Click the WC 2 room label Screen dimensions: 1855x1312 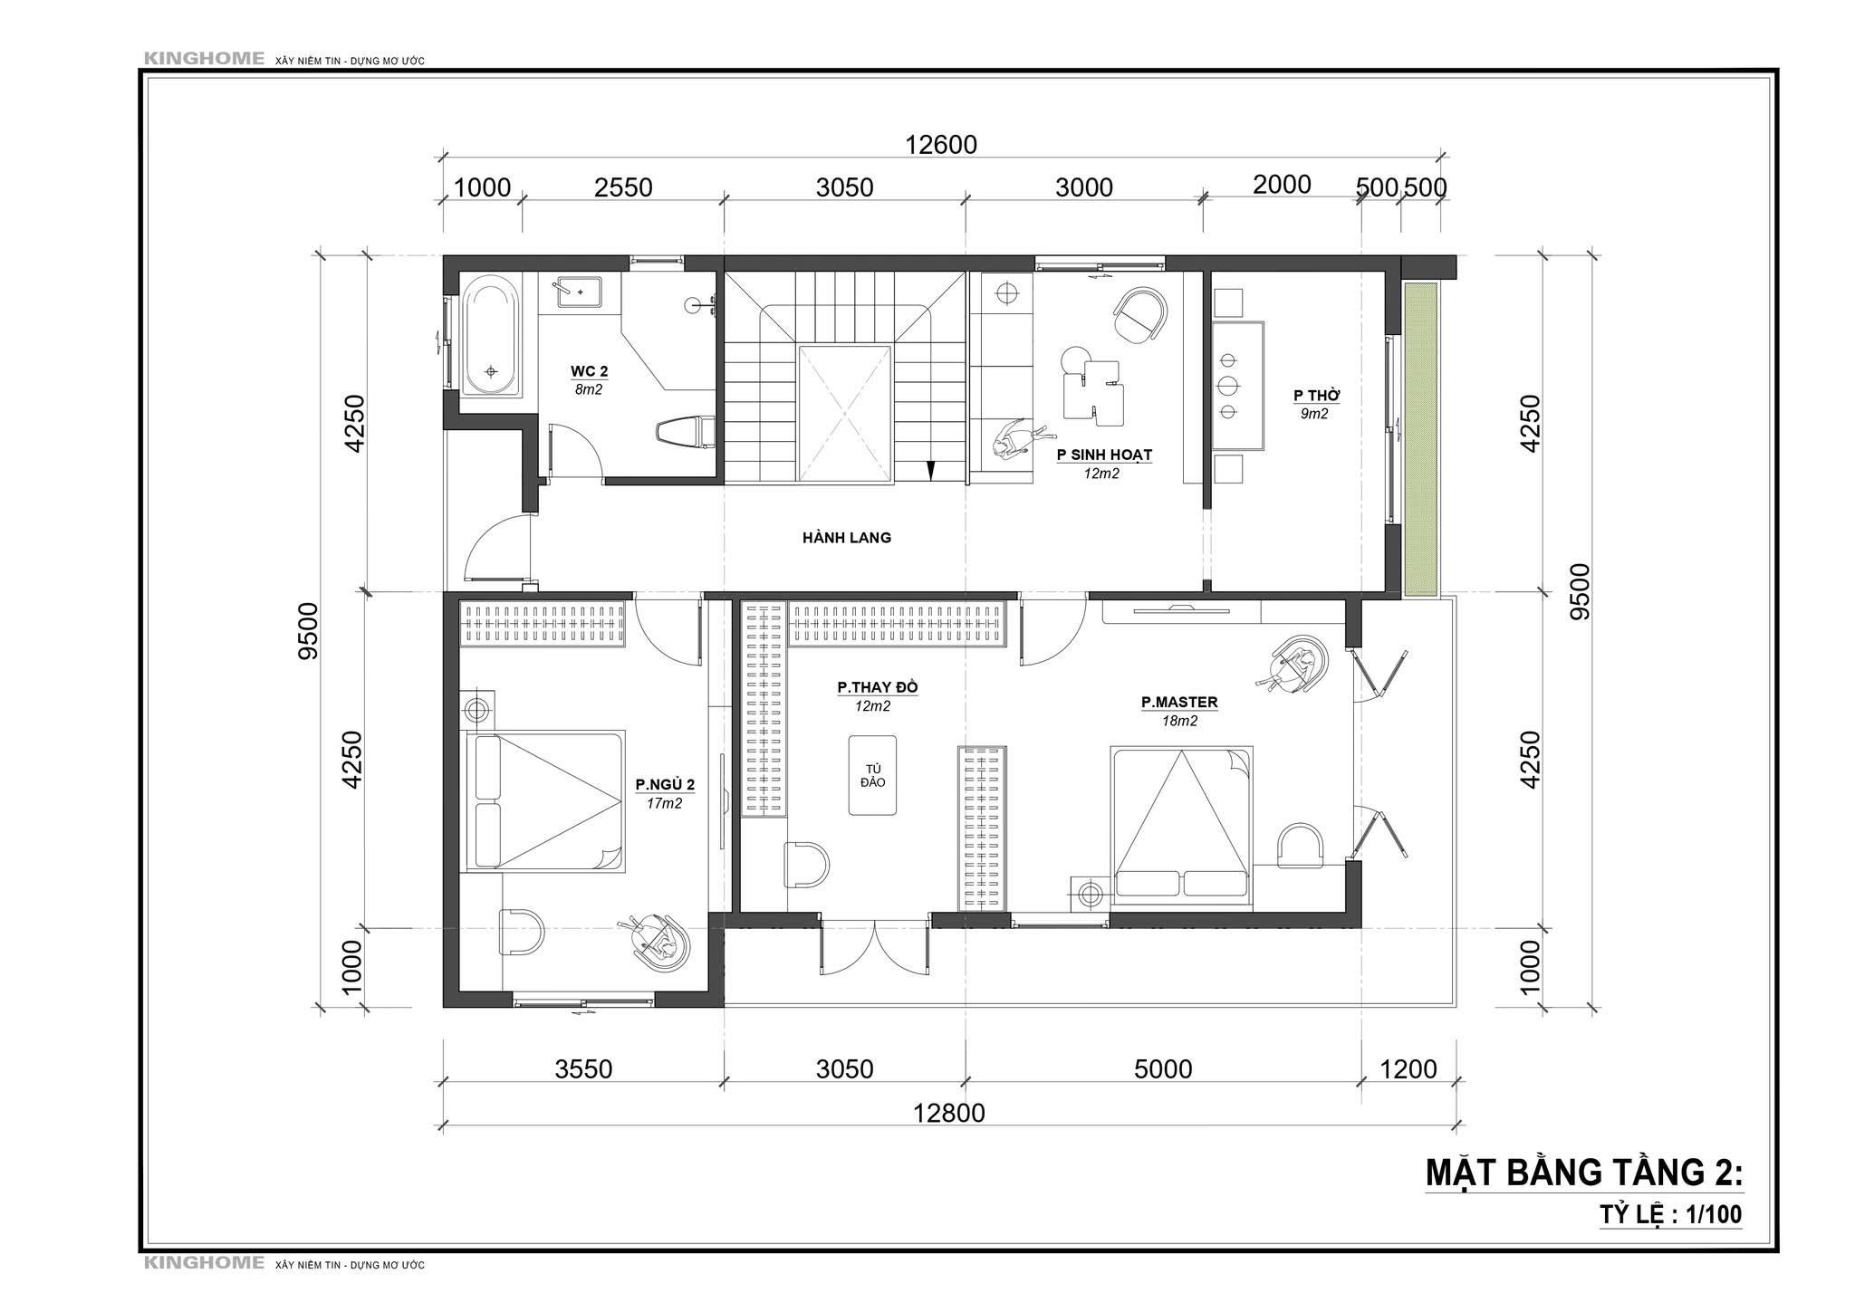pyautogui.click(x=589, y=371)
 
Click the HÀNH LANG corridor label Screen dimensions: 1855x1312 pyautogui.click(x=847, y=538)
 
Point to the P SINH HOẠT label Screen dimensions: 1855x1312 pyautogui.click(x=1104, y=455)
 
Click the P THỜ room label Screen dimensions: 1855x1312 pyautogui.click(x=1316, y=396)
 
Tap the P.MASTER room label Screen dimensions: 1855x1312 pyautogui.click(x=1179, y=702)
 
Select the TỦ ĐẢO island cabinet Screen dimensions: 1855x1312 pyautogui.click(x=872, y=775)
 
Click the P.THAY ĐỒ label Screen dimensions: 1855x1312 pyautogui.click(x=877, y=687)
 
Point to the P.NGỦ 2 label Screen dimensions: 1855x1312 pyautogui.click(x=665, y=784)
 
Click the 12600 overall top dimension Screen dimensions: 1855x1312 pyautogui.click(x=941, y=145)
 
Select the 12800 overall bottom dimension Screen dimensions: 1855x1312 pyautogui.click(x=948, y=1113)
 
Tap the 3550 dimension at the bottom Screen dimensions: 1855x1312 pyautogui.click(x=583, y=1069)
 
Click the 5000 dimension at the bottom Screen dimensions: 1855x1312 pyautogui.click(x=1163, y=1069)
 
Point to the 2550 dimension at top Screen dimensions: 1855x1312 pyautogui.click(x=623, y=187)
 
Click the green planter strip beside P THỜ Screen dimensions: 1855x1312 pyautogui.click(x=1421, y=439)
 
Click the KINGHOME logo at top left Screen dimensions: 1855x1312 pyautogui.click(x=204, y=60)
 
